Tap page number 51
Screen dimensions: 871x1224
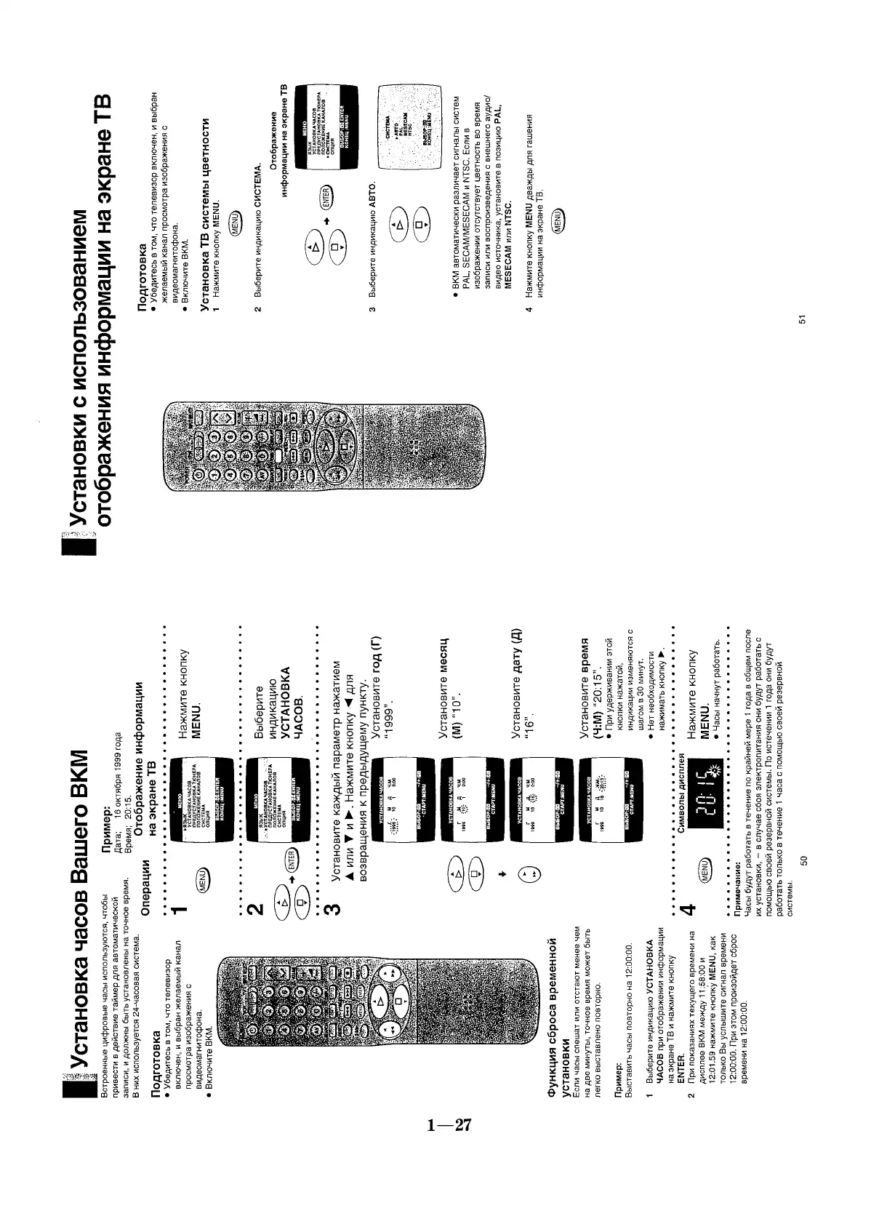(x=803, y=319)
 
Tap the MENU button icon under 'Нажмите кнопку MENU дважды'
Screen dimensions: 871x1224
(x=558, y=218)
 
